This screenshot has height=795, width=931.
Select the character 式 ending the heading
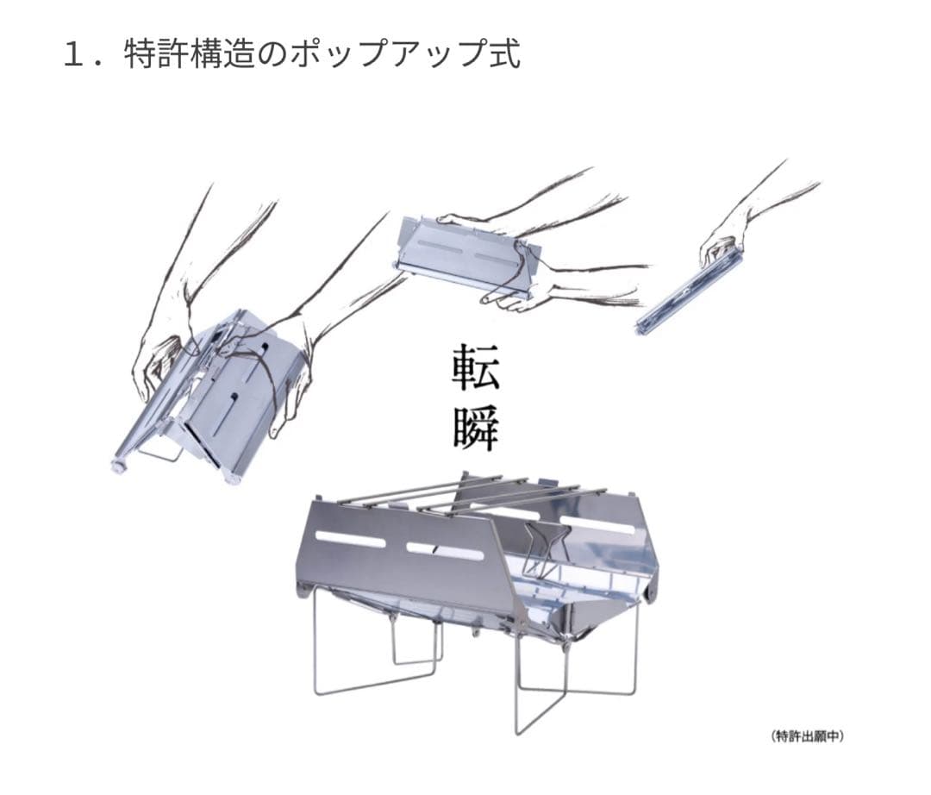tap(504, 54)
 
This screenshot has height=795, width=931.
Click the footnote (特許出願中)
tap(808, 736)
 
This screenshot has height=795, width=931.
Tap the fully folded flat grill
tap(689, 292)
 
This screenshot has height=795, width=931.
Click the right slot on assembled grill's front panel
tap(446, 552)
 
